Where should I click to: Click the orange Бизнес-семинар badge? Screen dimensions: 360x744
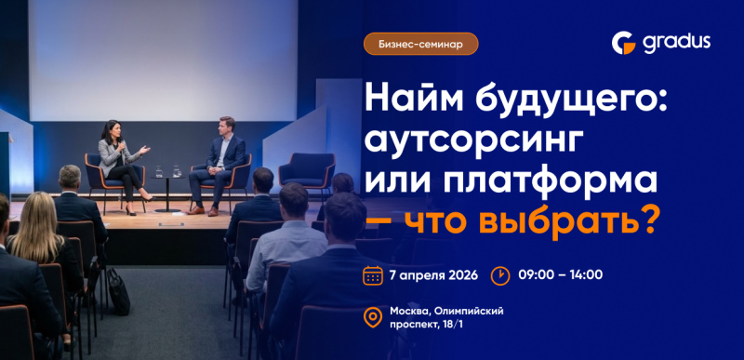coord(420,44)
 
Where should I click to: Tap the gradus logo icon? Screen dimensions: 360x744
coord(623,43)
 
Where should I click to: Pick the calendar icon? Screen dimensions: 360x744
coord(372,275)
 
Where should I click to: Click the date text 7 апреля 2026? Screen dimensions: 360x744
coord(434,275)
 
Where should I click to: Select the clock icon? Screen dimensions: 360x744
coord(499,275)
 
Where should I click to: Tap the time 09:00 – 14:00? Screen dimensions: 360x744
coord(562,275)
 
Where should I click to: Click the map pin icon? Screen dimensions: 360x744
coord(372,318)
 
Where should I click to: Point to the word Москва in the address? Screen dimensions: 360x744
coord(412,311)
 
